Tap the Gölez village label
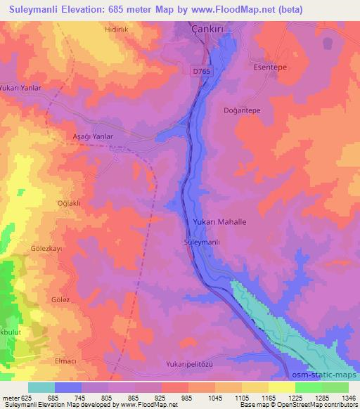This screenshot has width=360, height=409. (x=60, y=300)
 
